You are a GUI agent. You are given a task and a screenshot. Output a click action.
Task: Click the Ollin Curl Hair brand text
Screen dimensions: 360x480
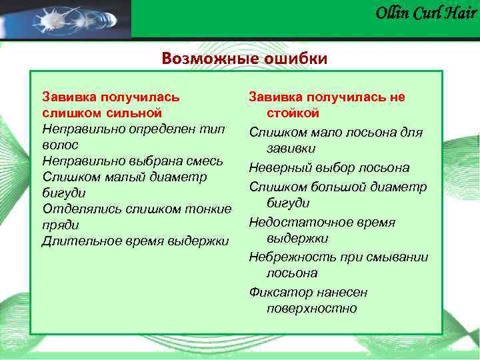(426, 13)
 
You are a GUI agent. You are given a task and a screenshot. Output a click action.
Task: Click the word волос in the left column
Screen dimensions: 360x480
(60, 145)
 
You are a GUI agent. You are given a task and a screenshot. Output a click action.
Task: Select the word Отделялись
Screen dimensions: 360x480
(77, 209)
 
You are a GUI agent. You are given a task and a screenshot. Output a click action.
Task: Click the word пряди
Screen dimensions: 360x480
(60, 225)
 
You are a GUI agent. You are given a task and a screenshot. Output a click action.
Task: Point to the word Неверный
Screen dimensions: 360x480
(277, 167)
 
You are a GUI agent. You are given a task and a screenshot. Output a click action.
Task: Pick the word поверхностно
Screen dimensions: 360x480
(311, 309)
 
